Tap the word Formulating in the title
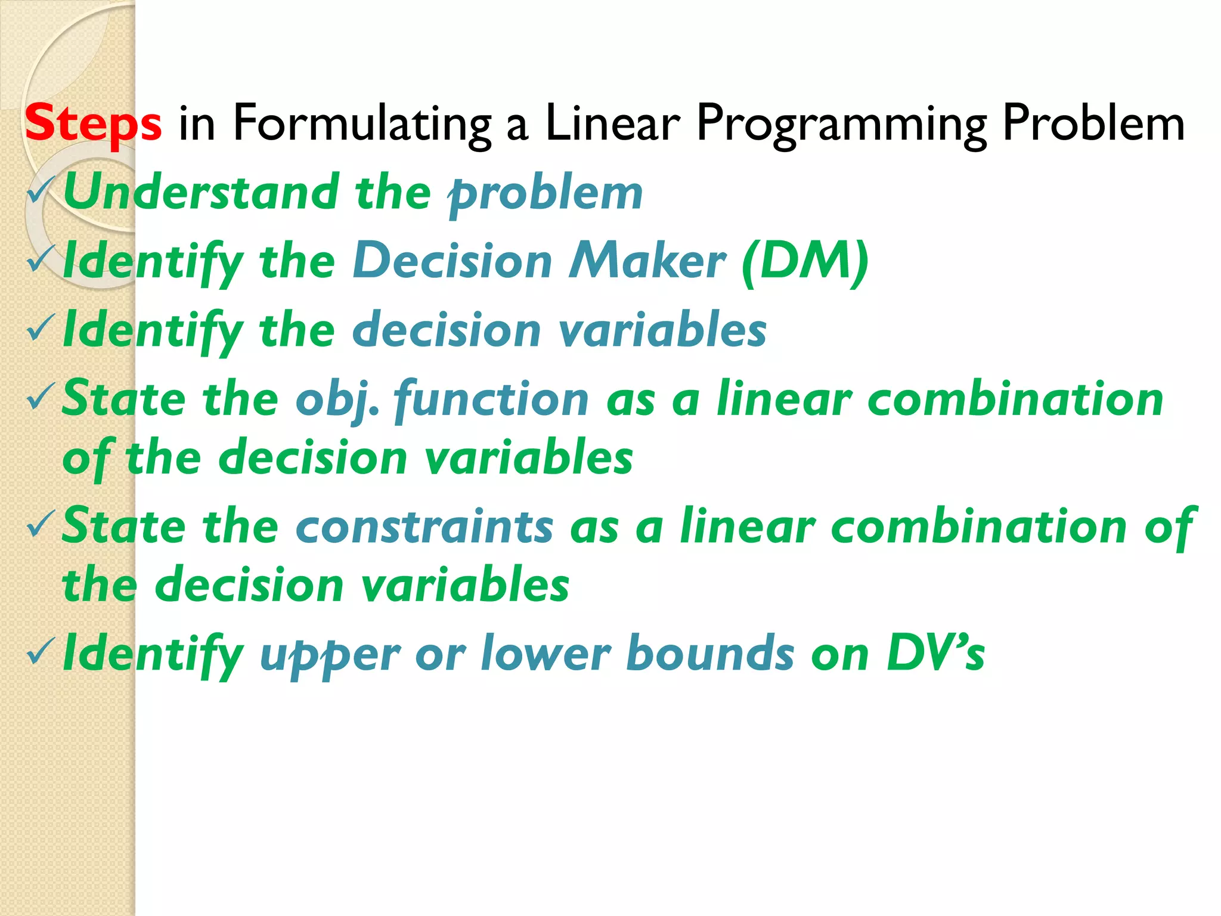click(361, 124)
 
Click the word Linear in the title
click(612, 123)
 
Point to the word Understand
click(201, 193)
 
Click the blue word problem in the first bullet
click(546, 194)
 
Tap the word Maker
click(647, 261)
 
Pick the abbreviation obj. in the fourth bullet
click(337, 400)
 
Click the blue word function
click(491, 399)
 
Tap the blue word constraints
click(424, 527)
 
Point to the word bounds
click(710, 654)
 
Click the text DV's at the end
click(935, 654)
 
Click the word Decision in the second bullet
click(453, 261)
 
